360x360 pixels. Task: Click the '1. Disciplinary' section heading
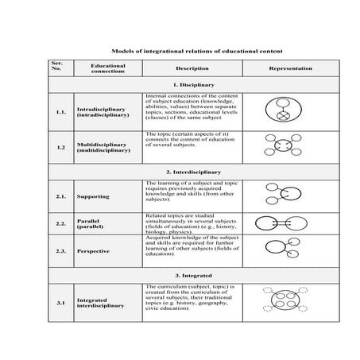click(192, 84)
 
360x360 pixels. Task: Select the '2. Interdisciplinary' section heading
click(192, 172)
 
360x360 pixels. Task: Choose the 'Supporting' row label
click(93, 195)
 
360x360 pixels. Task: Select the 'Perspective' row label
click(94, 250)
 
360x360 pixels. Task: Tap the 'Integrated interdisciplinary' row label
click(100, 302)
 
